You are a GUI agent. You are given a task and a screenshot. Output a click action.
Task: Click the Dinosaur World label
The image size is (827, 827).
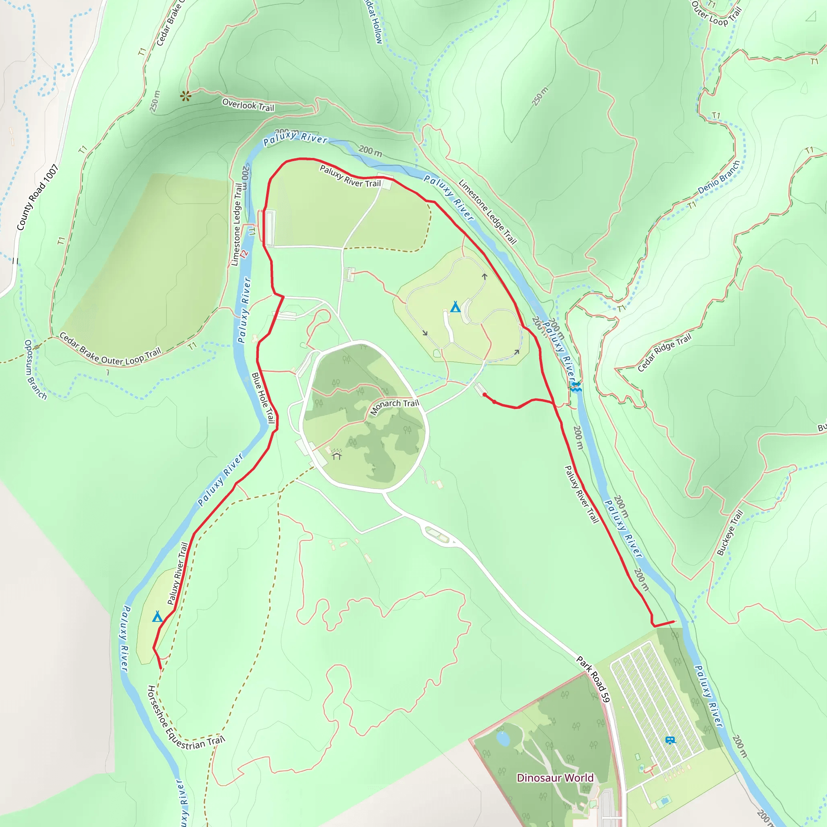pyautogui.click(x=555, y=777)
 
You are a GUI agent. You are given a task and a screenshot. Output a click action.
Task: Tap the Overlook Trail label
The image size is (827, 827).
pyautogui.click(x=248, y=105)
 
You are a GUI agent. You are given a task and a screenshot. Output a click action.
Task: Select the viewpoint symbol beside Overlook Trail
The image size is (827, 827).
pyautogui.click(x=185, y=96)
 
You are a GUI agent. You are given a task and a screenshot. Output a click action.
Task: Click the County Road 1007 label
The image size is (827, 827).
pyautogui.click(x=37, y=197)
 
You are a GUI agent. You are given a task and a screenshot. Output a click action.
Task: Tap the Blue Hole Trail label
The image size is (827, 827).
pyautogui.click(x=263, y=398)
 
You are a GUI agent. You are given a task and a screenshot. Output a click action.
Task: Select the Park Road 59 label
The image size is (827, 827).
pyautogui.click(x=592, y=679)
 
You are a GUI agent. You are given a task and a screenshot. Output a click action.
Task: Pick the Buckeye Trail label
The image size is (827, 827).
pyautogui.click(x=730, y=533)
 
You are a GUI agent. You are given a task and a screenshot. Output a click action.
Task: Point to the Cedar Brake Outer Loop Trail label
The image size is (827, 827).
pyautogui.click(x=109, y=350)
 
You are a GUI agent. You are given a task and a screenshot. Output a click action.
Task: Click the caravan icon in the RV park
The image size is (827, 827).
pyautogui.click(x=670, y=740)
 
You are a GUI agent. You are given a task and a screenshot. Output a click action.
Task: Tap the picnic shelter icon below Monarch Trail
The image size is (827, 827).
pyautogui.click(x=336, y=454)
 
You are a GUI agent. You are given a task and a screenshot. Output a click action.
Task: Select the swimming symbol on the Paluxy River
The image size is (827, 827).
pyautogui.click(x=576, y=387)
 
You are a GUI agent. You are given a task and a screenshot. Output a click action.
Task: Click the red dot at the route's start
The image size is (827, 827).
pyautogui.click(x=484, y=395)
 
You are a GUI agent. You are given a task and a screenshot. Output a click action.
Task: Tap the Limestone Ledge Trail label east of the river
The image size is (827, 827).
pyautogui.click(x=487, y=212)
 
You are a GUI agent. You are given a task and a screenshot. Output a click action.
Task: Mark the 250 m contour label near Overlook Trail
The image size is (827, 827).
pyautogui.click(x=155, y=101)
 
